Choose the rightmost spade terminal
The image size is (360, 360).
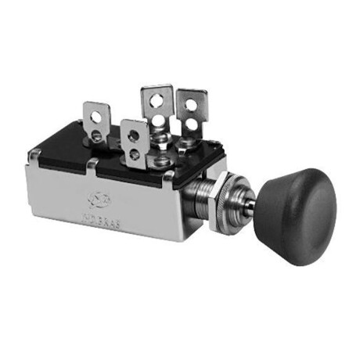tap(191, 113)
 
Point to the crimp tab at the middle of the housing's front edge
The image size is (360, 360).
tap(92, 165)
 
